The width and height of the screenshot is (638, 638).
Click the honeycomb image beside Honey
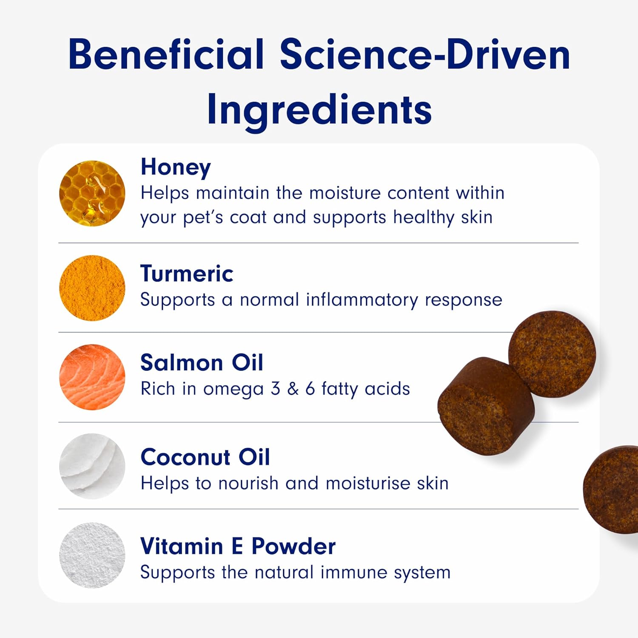coord(92,194)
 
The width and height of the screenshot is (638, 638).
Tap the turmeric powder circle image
coord(92,288)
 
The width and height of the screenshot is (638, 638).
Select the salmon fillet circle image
coord(92,377)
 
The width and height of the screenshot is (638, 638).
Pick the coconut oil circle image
coord(92,466)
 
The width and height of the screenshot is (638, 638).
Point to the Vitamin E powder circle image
coord(92,555)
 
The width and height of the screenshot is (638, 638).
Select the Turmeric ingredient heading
coord(187,273)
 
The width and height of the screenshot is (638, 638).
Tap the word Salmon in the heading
coord(182,363)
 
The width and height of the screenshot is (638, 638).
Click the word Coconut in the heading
coord(185,457)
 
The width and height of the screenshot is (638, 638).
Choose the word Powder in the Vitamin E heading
coord(293,547)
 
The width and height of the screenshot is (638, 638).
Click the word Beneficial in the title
coord(166,54)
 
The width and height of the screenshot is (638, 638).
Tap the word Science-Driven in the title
coord(425,54)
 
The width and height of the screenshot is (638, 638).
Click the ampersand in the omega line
coord(293,389)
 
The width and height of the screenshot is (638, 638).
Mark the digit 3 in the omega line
coord(276,389)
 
